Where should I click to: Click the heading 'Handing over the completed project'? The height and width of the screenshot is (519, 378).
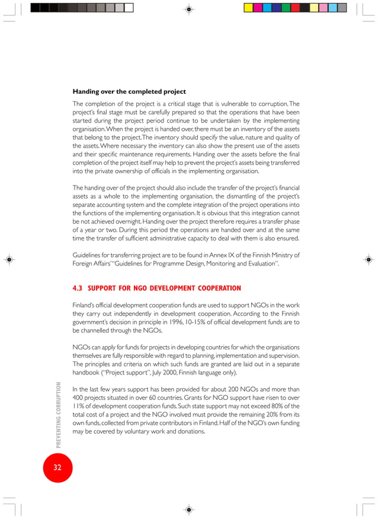tap(129, 92)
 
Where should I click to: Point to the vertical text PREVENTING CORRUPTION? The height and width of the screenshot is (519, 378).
tap(58, 414)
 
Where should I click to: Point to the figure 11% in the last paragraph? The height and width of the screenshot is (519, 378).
tap(78, 406)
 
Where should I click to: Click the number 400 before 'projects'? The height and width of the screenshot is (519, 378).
tap(79, 398)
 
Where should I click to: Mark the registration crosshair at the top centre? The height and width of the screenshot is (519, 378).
tap(188, 9)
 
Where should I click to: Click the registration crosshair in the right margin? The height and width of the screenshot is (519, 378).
tap(368, 259)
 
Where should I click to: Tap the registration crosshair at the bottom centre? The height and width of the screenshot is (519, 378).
tap(188, 509)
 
